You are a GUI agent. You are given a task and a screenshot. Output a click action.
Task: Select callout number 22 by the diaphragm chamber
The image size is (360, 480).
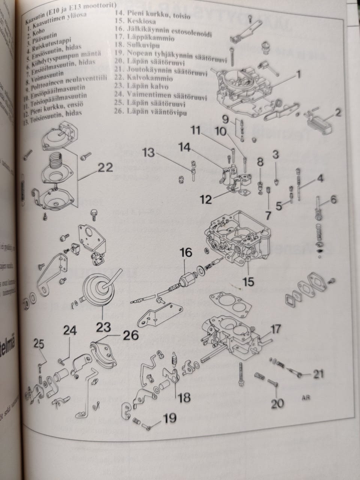105,167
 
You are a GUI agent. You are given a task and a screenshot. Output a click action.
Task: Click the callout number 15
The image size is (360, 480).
248,280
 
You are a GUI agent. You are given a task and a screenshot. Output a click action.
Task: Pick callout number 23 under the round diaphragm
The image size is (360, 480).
103,327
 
